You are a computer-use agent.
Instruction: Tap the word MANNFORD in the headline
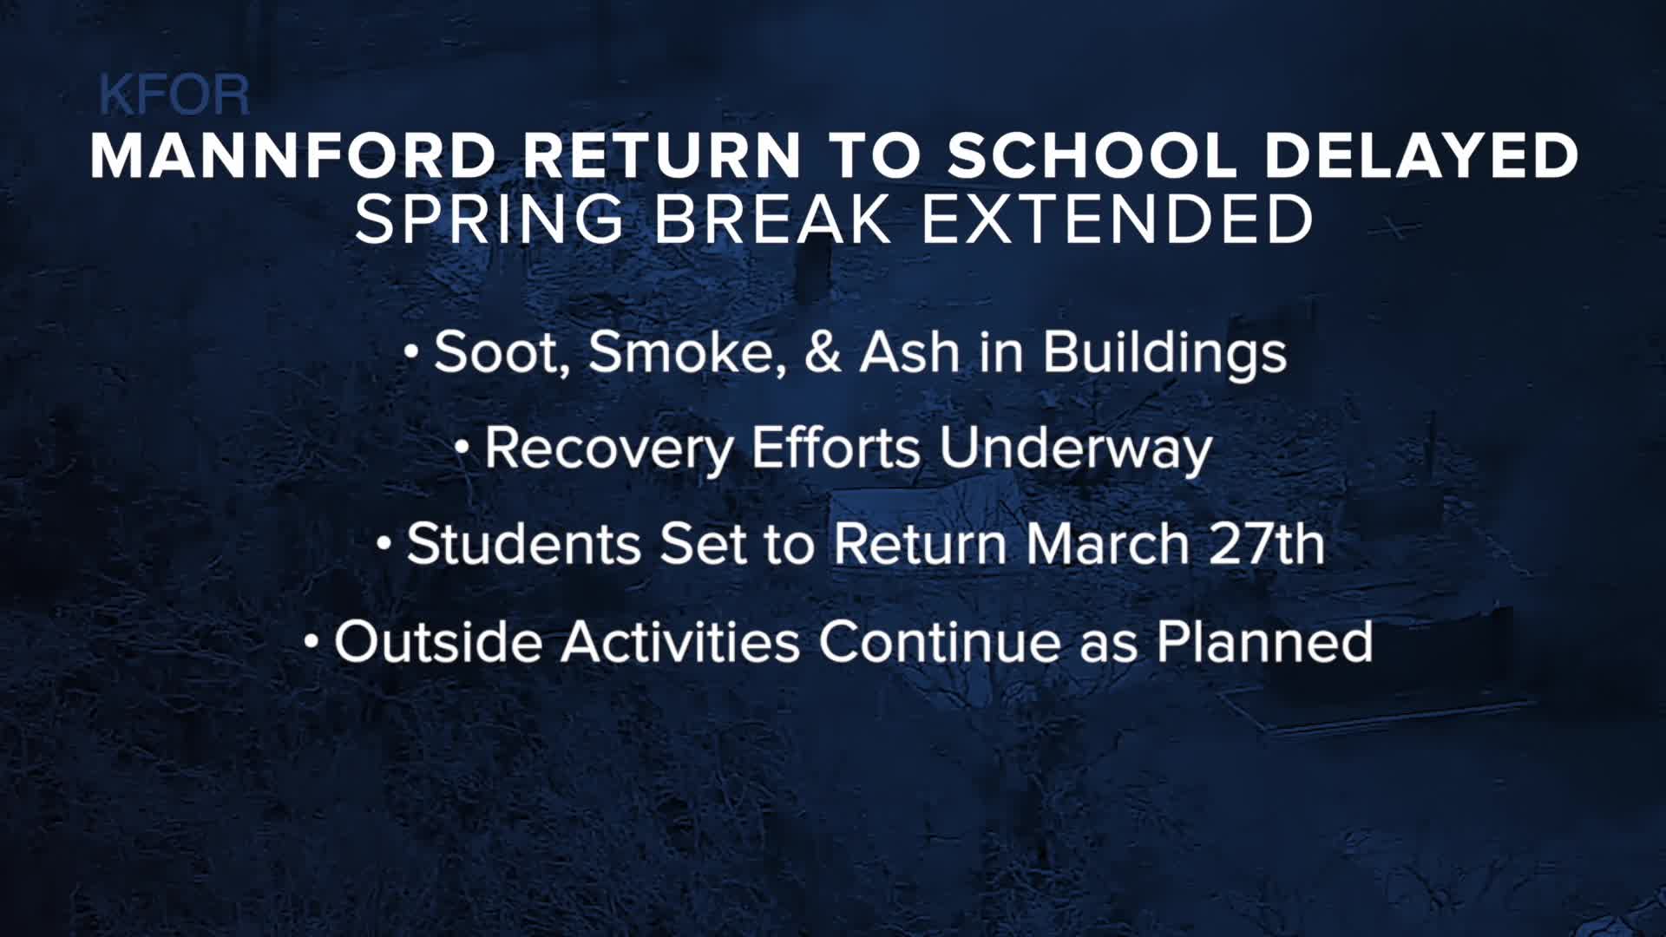[292, 157]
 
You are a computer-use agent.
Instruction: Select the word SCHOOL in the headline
[1091, 157]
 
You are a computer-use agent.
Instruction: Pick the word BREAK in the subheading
[772, 220]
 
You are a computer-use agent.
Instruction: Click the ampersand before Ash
[823, 352]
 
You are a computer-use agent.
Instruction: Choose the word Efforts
[835, 449]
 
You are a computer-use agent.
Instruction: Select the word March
[1107, 544]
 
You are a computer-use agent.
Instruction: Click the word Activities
[679, 642]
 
